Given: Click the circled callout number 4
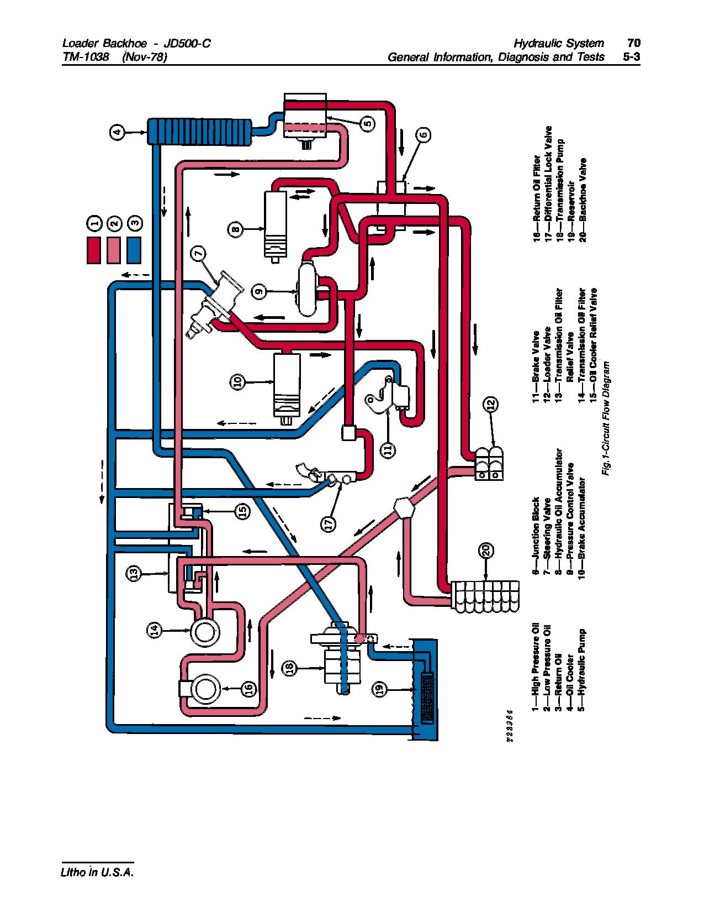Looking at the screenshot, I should coord(117,132).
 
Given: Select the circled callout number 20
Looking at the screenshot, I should coord(486,551).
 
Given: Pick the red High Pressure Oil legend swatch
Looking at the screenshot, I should coord(94,250).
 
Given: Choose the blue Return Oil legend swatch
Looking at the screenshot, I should coord(134,250).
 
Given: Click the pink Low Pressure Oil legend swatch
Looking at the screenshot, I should coord(114,250).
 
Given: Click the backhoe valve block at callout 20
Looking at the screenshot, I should coord(485,597).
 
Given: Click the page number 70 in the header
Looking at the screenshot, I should coord(633,43).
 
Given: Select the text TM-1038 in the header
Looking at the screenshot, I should coord(86,56).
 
